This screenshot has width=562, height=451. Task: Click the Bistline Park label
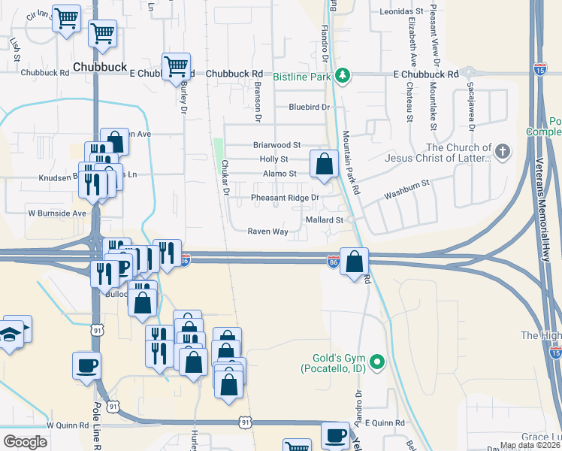[301, 76]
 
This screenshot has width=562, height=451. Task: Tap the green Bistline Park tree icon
[343, 75]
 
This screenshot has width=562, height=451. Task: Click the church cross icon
[503, 153]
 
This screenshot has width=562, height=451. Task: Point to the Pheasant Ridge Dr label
[285, 198]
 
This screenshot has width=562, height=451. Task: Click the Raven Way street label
[268, 232]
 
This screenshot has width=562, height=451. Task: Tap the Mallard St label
[325, 220]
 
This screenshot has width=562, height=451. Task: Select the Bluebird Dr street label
[310, 107]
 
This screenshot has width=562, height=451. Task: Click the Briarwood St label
[276, 144]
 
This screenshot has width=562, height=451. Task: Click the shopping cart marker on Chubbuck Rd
[177, 65]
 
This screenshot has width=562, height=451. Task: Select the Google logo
[24, 442]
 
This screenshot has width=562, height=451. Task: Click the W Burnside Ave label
[58, 213]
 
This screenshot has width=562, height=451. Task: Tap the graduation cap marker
[10, 334]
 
